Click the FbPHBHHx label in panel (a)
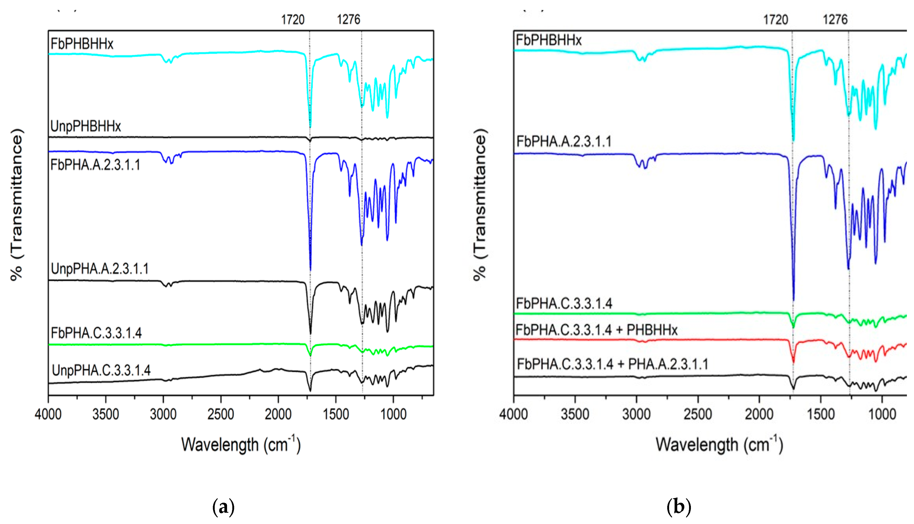point(82,44)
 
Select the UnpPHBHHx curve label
point(86,126)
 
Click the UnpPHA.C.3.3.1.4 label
point(101,370)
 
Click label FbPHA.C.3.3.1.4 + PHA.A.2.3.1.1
point(612,364)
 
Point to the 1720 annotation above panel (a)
point(293,19)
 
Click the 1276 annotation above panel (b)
point(835,19)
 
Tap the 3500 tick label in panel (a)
point(105,414)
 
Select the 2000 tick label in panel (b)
point(759,414)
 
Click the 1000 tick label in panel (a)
point(393,414)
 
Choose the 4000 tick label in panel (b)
point(513,414)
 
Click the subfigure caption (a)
point(223,507)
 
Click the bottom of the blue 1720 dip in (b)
point(793,299)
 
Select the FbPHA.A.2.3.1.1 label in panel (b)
point(564,141)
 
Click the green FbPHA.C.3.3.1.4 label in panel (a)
point(96,333)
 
